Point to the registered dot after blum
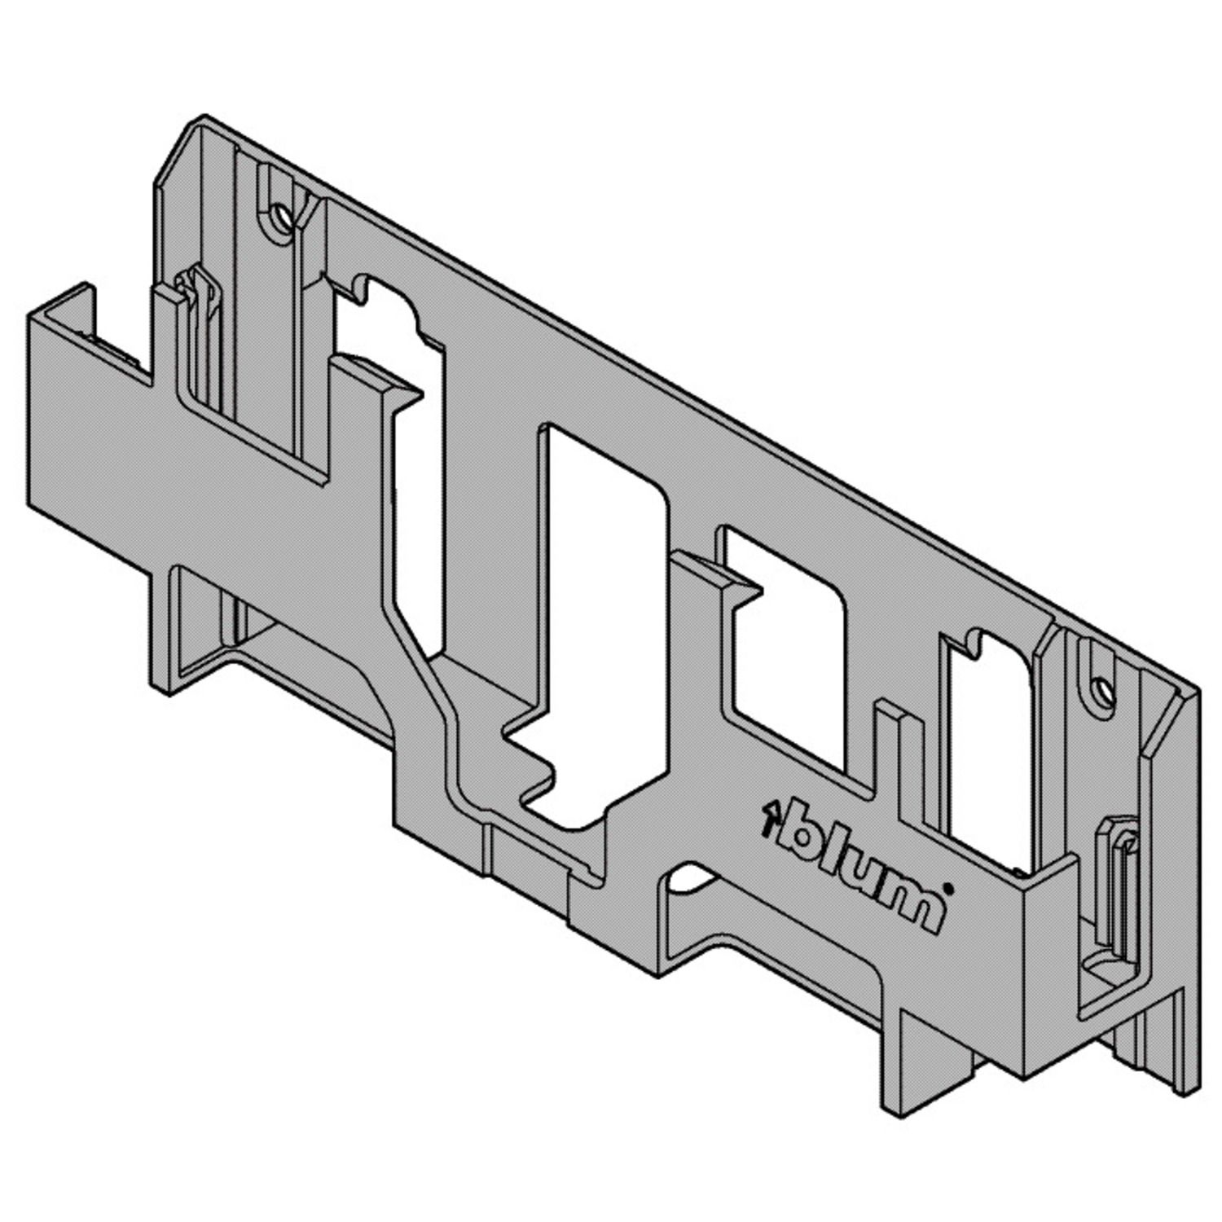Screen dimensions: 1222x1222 click(x=947, y=887)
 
